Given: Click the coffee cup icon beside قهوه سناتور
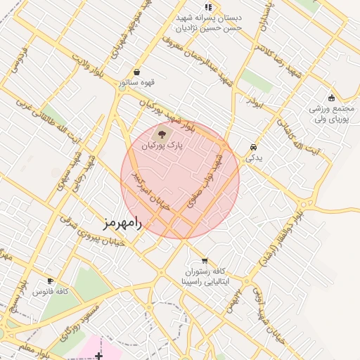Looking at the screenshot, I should tap(136, 72).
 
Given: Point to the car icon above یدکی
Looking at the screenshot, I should tap(252, 147).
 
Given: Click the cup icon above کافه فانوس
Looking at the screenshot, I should tap(49, 281).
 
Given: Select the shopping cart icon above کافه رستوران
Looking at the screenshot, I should tap(204, 259).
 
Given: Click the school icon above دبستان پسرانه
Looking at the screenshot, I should tap(208, 6).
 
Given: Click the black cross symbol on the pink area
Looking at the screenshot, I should tap(99, 356).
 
